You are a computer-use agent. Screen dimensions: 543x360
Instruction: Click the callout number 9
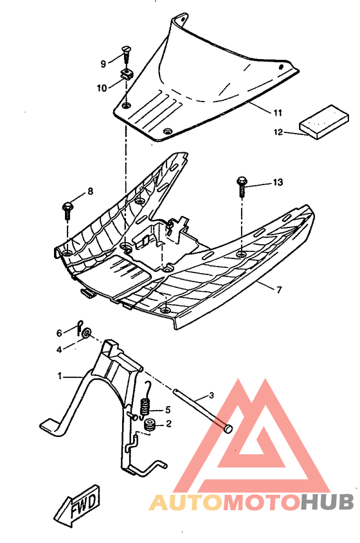[103, 64]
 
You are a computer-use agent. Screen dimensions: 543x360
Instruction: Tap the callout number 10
[102, 87]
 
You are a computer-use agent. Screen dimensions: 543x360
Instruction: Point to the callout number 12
[278, 132]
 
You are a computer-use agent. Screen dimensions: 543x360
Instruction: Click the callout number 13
[277, 183]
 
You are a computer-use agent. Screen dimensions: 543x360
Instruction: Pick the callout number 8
[90, 191]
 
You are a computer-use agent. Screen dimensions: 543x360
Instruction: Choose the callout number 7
[278, 290]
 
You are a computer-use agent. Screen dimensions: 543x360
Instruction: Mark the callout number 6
[59, 333]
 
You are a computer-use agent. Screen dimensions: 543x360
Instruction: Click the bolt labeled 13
[242, 184]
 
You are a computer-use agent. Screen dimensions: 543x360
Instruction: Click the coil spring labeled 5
[145, 407]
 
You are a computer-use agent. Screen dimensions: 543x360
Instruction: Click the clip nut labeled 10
[127, 73]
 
